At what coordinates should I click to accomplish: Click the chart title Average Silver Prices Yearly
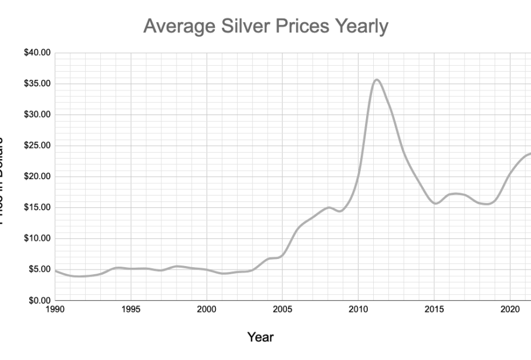[x=266, y=26]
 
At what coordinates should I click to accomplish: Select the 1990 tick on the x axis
[x=55, y=309]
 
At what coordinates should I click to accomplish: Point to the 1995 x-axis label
[x=130, y=309]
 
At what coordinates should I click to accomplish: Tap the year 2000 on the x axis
[x=206, y=309]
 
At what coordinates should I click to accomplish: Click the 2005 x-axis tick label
[x=282, y=309]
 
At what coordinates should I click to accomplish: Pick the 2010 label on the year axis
[x=358, y=309]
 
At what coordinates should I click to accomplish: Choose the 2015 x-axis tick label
[x=434, y=309]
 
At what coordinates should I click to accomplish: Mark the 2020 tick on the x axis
[x=509, y=309]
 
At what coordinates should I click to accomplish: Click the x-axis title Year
[x=260, y=337]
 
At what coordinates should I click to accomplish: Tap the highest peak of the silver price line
[x=377, y=80]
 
